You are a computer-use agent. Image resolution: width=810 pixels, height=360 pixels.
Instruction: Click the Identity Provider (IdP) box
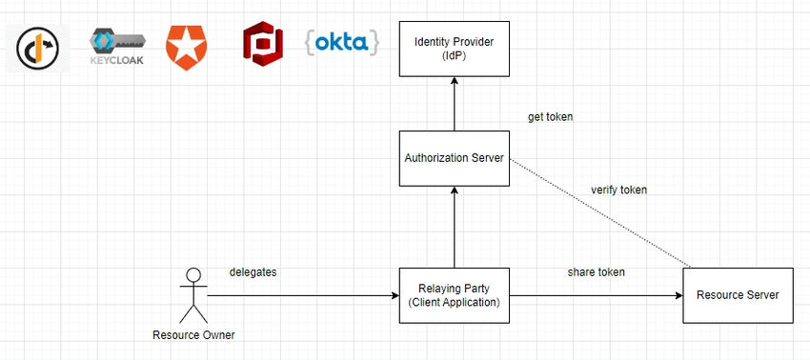454,49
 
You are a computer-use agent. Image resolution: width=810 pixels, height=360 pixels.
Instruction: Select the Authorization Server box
454,157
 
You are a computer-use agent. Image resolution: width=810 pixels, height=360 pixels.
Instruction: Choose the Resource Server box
737,294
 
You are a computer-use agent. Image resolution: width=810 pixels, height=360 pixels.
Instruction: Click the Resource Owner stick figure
193,295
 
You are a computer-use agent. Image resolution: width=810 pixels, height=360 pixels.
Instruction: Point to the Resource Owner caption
193,334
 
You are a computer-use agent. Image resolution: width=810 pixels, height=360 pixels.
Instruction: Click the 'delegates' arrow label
253,272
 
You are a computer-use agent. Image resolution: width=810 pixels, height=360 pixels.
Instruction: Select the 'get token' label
550,117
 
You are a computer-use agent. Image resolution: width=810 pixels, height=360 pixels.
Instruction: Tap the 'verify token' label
618,190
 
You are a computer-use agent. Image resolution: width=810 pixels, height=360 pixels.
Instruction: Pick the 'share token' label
597,272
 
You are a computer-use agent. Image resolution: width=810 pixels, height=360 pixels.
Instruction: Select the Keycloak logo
117,44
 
